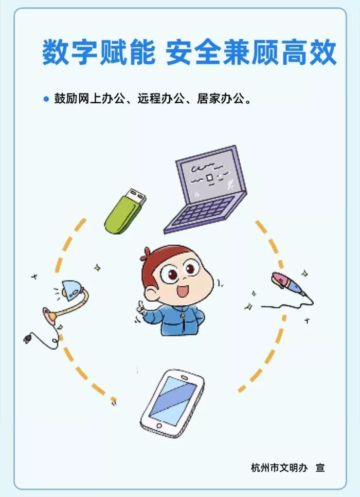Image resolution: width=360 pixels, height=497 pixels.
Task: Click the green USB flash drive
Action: pos(125,211)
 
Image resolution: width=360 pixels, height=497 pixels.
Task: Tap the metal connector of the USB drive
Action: pos(137,196)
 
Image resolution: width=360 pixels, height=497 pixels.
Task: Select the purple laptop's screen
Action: pos(209,175)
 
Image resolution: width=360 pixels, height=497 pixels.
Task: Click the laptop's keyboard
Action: pos(206,211)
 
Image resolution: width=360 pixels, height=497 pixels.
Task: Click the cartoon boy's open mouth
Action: pos(183,291)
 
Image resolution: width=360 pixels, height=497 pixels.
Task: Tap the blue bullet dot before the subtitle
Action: pos(46,99)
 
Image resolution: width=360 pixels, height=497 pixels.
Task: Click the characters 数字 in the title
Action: pos(70,52)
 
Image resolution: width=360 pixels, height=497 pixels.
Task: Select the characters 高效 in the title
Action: pos(309,52)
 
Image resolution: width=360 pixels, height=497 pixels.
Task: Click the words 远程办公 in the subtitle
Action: pos(160,99)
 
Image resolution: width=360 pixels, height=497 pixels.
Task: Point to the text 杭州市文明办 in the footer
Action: pos(279,468)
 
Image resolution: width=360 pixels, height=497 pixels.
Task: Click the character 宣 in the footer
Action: pos(320,468)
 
